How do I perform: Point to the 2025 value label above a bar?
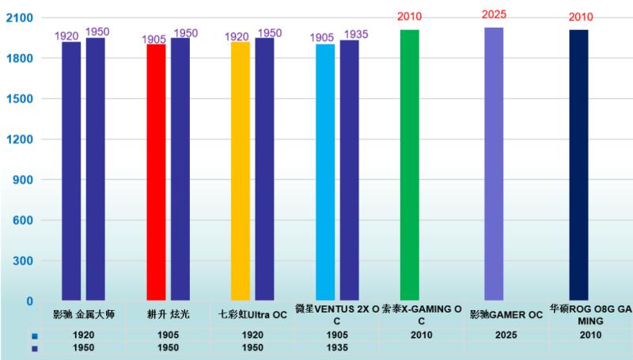494,14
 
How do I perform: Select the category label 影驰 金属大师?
84,315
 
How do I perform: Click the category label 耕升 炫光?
168,315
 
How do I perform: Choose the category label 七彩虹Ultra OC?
252,315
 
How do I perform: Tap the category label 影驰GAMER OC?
506,315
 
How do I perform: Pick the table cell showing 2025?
506,335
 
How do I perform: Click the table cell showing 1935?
337,347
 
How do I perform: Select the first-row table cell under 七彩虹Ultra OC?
252,335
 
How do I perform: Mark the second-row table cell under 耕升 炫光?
168,347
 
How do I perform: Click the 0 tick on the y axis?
30,301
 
